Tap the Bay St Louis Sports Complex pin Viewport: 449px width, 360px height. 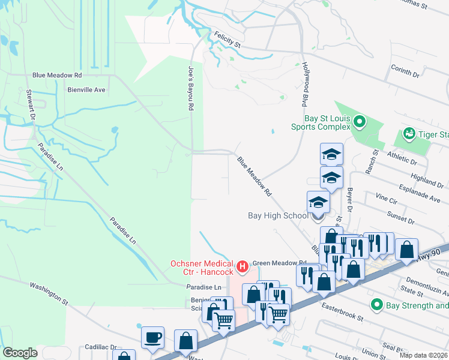(360, 122)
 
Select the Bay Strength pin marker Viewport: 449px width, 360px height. (376, 305)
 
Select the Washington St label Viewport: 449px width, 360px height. (49, 292)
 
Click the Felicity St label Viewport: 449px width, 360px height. (228, 44)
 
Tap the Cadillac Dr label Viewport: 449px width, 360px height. (100, 347)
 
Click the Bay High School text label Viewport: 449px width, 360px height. (278, 215)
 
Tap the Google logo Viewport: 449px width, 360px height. (20, 353)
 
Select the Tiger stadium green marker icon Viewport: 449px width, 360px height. (409, 133)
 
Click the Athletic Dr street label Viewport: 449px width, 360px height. (402, 158)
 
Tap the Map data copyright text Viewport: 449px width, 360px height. (423, 355)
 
